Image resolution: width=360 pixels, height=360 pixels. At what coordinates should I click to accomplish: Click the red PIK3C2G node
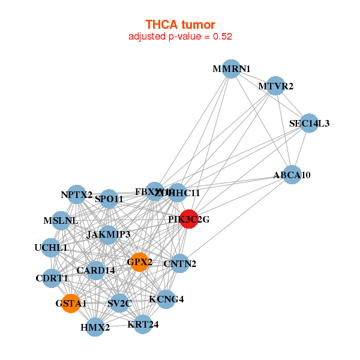click(x=189, y=219)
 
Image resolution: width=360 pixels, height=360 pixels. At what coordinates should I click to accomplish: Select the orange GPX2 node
click(x=139, y=262)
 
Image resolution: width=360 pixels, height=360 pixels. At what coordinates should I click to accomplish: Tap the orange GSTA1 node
click(x=71, y=303)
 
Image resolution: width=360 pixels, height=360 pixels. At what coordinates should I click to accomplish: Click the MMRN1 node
click(x=231, y=68)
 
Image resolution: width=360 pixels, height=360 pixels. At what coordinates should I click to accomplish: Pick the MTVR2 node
click(x=275, y=86)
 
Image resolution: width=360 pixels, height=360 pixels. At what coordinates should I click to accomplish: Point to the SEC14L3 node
click(x=309, y=123)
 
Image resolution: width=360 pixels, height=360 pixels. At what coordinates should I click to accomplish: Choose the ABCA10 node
click(x=292, y=175)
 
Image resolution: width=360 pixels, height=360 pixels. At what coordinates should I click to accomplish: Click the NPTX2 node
click(x=76, y=194)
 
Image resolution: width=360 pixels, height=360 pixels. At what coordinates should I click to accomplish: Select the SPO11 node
click(x=109, y=199)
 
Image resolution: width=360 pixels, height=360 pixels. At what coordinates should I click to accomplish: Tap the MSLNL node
click(x=61, y=220)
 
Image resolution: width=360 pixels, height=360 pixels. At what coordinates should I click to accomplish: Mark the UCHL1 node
click(x=51, y=247)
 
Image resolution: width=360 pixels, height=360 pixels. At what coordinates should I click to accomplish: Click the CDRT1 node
click(x=52, y=278)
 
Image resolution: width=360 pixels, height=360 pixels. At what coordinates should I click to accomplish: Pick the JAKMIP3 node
click(x=108, y=234)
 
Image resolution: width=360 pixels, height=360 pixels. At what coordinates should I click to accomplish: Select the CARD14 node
click(x=95, y=270)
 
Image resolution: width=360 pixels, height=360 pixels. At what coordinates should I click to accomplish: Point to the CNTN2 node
click(x=180, y=263)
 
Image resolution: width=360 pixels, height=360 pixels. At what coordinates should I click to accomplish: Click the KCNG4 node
click(x=166, y=299)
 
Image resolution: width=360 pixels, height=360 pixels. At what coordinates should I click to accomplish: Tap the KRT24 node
click(x=143, y=325)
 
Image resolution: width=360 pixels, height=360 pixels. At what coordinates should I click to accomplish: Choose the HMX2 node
click(x=95, y=327)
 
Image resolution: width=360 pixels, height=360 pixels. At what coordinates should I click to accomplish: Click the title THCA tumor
click(x=180, y=25)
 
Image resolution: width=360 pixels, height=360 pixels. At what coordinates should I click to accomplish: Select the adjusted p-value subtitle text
click(x=180, y=37)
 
